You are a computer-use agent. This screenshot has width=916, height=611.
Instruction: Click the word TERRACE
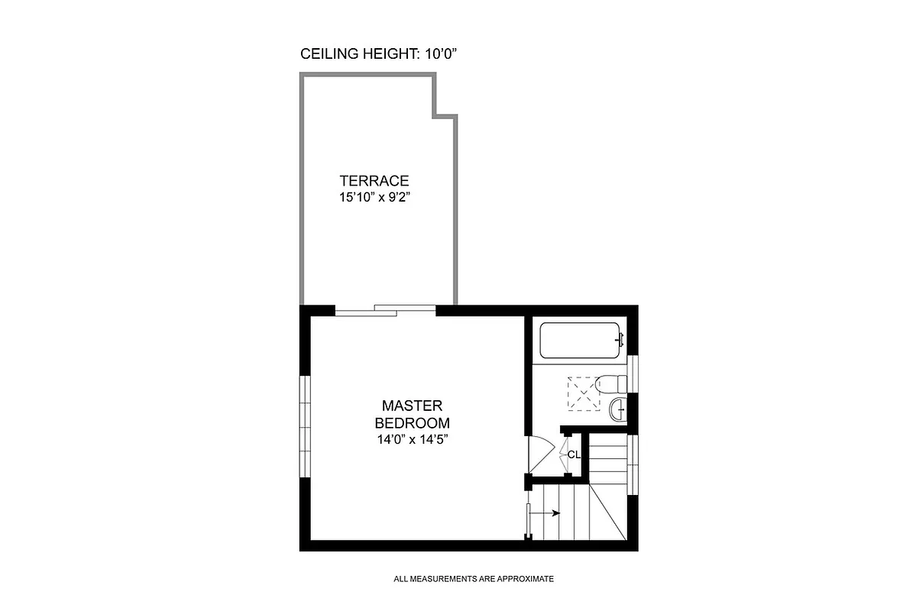click(x=374, y=181)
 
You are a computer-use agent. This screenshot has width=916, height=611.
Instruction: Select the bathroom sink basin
click(x=618, y=411)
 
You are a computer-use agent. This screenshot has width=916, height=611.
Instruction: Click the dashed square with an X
click(x=583, y=393)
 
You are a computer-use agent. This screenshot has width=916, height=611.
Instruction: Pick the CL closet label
click(x=574, y=454)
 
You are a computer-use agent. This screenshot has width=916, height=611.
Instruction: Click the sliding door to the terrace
click(x=386, y=309)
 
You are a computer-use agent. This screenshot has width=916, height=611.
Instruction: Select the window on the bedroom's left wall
click(x=306, y=427)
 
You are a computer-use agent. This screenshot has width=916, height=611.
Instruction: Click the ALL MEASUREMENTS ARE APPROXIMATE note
click(x=474, y=579)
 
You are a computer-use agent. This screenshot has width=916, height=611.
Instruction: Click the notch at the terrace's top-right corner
click(x=446, y=98)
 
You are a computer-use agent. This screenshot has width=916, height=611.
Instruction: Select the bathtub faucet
click(x=619, y=338)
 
